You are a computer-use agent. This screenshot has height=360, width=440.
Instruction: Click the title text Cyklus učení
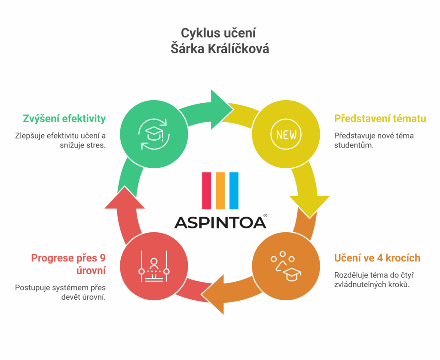(220, 33)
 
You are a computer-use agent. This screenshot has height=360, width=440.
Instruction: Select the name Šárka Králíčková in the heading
(220, 49)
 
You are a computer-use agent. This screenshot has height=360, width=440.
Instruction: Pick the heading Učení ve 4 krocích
(377, 258)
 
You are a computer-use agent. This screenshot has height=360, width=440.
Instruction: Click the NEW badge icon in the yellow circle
(286, 135)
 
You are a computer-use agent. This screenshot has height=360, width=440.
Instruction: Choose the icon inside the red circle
(154, 268)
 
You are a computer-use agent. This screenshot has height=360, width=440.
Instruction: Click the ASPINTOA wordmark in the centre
(220, 222)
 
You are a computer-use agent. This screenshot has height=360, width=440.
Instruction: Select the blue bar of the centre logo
(234, 190)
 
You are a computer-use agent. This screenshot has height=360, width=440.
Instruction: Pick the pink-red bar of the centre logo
(206, 190)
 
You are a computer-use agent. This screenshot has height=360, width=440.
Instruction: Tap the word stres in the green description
(96, 145)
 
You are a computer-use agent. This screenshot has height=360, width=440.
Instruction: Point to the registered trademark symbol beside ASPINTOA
(265, 215)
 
